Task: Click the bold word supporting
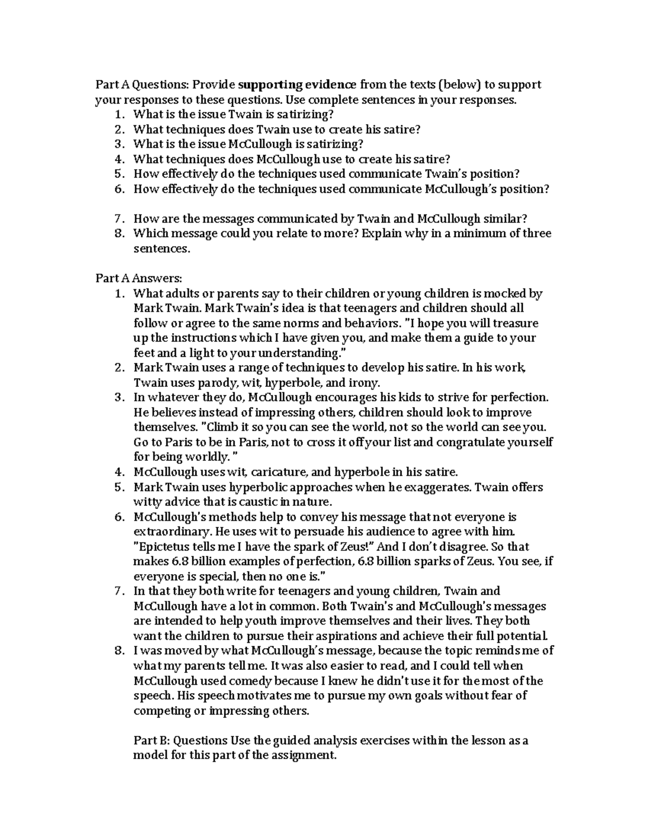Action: click(270, 85)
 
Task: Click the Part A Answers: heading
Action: click(139, 278)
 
